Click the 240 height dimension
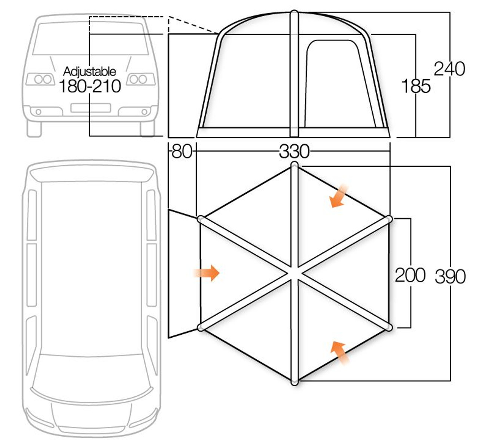[x=449, y=69]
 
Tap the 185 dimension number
[x=416, y=86]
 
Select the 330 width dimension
[x=294, y=151]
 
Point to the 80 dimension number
[x=182, y=151]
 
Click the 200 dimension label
[x=410, y=275]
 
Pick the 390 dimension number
[x=450, y=277]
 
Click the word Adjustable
[x=89, y=71]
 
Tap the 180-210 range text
[x=90, y=86]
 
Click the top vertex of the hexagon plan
[x=295, y=165]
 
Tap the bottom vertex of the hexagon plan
[x=295, y=382]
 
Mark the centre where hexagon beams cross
[x=295, y=273]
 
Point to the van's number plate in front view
[x=91, y=108]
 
